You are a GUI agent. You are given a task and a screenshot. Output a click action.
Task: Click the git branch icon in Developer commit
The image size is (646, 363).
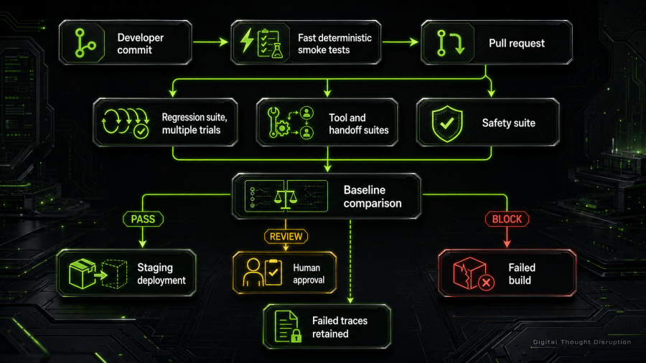coord(85,43)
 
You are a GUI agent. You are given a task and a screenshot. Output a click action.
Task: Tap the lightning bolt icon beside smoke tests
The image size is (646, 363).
coord(247,40)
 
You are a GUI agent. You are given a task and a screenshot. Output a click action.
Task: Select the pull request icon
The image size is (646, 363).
coord(450,43)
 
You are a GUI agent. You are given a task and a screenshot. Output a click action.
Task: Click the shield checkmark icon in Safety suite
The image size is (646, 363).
coord(447,123)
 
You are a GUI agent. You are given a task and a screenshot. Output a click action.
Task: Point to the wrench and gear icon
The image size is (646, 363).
coord(277,122)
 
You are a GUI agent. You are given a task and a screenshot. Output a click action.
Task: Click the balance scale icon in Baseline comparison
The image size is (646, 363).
coord(286,197)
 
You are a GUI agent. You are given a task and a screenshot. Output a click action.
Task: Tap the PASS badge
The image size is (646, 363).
coord(143,219)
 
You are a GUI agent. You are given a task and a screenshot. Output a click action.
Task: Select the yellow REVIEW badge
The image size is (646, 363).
coord(286,237)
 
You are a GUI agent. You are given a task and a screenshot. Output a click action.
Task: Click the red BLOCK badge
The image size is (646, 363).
coord(507,219)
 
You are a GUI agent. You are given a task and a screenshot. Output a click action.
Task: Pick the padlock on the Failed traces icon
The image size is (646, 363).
coord(296,336)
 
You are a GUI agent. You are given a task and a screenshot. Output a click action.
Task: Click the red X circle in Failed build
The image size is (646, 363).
coord(487,283)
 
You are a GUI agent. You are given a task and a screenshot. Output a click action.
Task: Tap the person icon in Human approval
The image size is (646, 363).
coord(253,272)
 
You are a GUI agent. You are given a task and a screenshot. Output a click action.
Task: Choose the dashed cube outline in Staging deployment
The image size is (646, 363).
coord(114,274)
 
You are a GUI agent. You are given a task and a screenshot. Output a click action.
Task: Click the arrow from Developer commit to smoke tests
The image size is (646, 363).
coord(210,42)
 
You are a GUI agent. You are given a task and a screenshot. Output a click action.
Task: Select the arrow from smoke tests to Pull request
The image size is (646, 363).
coord(401,42)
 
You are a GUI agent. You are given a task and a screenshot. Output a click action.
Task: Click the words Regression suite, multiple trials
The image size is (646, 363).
coord(195,123)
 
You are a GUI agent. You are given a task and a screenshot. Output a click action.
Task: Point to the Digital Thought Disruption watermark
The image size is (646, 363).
coord(581,342)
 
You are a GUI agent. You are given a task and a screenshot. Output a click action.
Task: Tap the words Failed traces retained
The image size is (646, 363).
coord(340,327)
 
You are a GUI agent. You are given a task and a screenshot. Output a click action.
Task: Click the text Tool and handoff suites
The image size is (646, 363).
coord(358,124)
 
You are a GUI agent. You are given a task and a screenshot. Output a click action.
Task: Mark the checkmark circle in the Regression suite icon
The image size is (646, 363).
coord(141,131)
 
